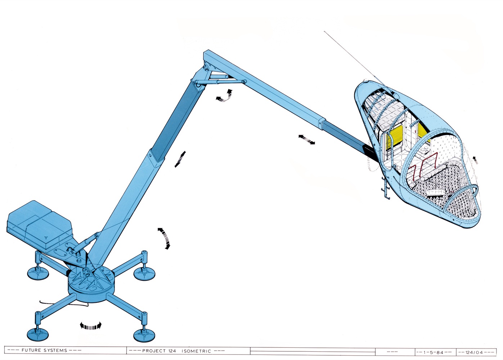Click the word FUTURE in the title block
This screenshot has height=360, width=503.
coord(31,350)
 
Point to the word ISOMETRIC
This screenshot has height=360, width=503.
coord(196,351)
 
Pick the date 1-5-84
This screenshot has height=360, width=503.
coord(434,352)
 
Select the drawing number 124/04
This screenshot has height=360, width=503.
coord(475,352)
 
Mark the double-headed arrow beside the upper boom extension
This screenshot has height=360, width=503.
coord(306,139)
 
